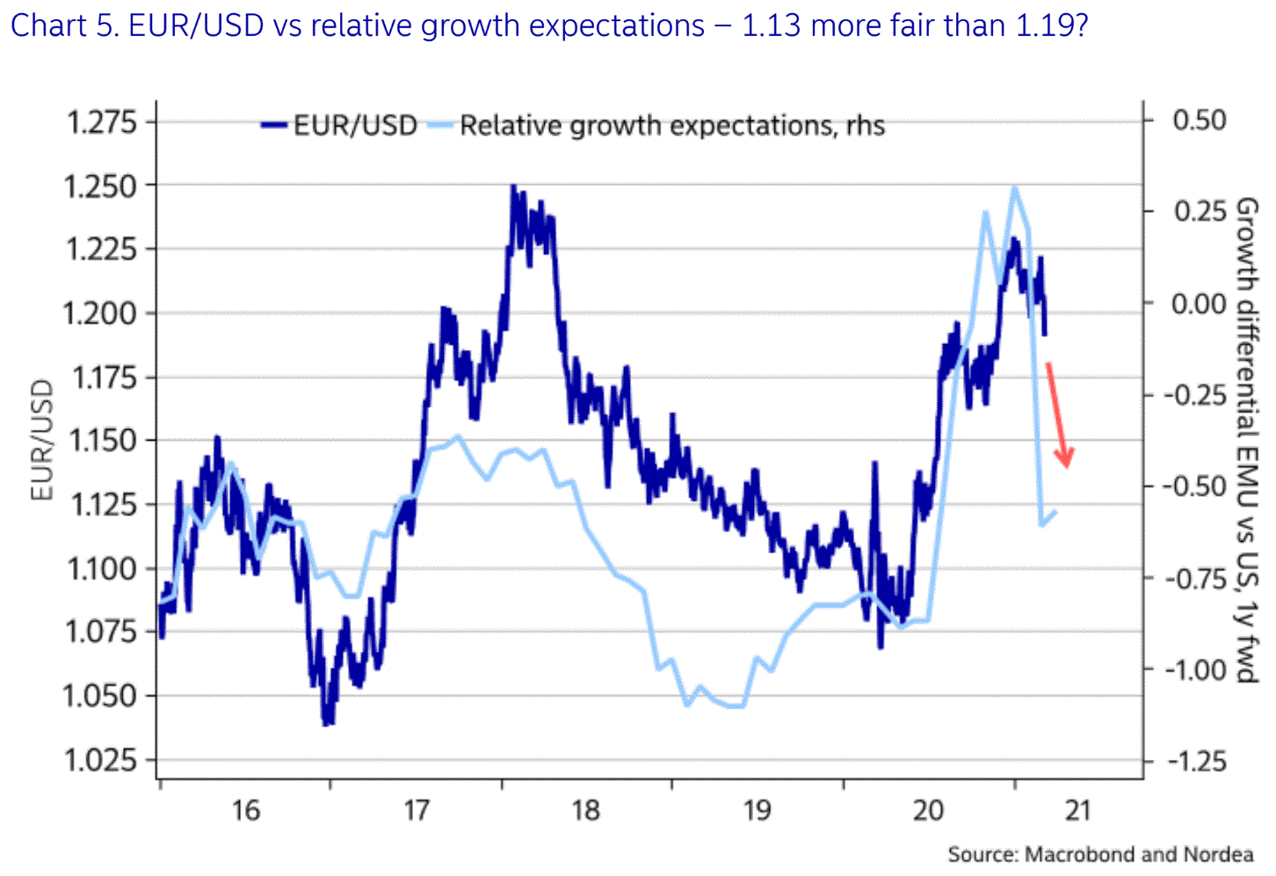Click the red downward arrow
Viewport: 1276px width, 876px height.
pos(1058,414)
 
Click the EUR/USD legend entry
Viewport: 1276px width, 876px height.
pos(354,126)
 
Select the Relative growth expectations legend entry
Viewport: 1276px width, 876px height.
pos(671,126)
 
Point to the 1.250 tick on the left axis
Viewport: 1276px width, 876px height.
pos(101,186)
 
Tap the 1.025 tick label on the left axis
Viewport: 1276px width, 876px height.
pos(101,760)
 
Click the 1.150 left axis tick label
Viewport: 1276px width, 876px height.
pos(101,441)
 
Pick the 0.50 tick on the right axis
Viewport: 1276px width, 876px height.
pos(1199,120)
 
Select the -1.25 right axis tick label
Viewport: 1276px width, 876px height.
pos(1195,761)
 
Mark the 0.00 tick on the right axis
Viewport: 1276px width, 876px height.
pos(1199,303)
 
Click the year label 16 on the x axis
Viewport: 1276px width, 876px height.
pos(245,810)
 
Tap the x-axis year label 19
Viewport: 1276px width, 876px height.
pos(758,810)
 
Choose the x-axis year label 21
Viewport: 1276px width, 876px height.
pos(1077,810)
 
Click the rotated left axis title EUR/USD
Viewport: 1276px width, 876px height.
pos(41,440)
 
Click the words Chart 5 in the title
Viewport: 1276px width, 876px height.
pos(62,26)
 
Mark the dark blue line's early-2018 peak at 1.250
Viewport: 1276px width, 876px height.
pos(514,187)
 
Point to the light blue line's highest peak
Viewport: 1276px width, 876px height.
pos(1015,187)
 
